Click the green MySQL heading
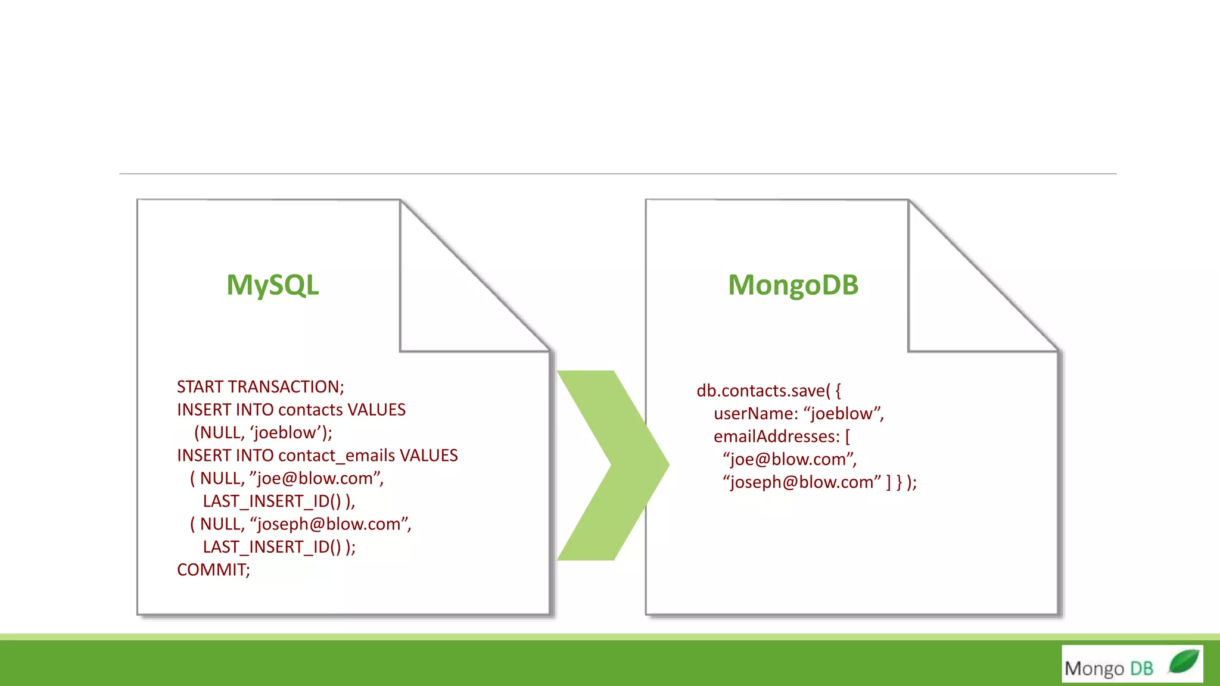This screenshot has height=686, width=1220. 273,285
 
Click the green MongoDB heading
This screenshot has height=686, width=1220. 793,285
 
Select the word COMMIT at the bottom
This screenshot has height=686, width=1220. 212,570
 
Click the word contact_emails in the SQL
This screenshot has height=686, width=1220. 337,456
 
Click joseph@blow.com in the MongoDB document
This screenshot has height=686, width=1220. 802,482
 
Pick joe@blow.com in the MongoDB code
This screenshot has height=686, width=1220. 789,460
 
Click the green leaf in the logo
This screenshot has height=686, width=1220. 1183,662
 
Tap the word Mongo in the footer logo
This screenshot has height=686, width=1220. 1094,669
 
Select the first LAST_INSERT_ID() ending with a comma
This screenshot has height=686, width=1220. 278,501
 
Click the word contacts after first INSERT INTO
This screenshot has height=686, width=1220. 310,410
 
